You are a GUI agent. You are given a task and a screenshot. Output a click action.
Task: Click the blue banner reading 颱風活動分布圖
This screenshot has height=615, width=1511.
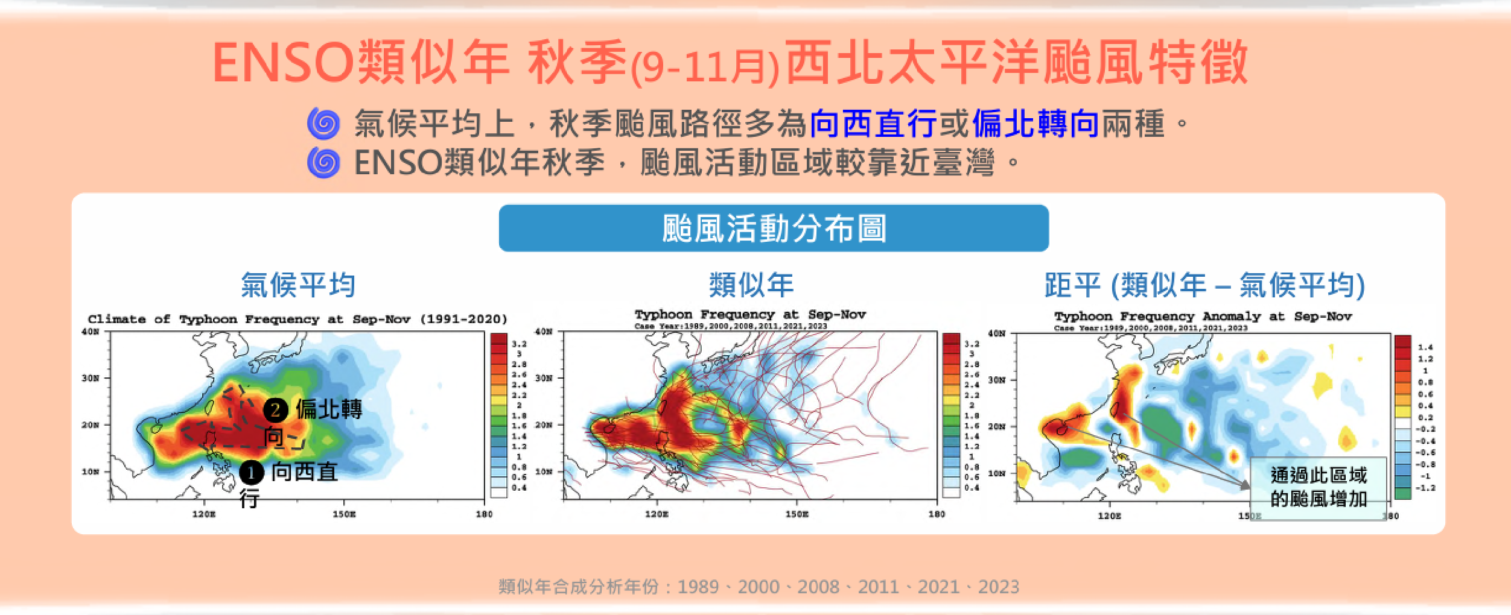(x=774, y=229)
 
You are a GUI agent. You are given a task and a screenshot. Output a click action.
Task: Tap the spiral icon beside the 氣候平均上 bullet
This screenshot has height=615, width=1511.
(x=324, y=124)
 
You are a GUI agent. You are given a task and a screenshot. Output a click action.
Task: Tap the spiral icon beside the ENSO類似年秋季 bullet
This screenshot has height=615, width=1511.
(x=324, y=163)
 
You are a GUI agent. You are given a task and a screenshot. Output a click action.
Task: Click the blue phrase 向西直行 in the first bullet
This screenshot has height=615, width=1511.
(x=873, y=124)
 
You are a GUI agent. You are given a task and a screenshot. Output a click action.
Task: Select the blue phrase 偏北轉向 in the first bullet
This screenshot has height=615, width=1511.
(x=1035, y=124)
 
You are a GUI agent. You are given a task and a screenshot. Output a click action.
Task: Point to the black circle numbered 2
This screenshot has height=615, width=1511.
(x=275, y=410)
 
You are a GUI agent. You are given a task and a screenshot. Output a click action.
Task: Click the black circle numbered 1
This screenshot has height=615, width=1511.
(x=251, y=473)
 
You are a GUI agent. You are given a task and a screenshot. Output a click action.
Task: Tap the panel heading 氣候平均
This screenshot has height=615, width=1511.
(x=298, y=285)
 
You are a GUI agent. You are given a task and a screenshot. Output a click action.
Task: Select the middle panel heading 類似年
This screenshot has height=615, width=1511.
(x=751, y=285)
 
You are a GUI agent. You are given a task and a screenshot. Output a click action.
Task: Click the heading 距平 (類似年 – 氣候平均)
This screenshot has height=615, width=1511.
(x=1204, y=285)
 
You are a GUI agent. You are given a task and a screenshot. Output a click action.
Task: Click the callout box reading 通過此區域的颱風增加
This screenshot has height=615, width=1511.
(x=1319, y=487)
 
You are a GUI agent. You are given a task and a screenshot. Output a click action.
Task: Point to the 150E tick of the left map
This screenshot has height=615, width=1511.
(x=344, y=514)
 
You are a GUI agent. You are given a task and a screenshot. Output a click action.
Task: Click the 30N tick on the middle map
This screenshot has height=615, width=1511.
(x=544, y=378)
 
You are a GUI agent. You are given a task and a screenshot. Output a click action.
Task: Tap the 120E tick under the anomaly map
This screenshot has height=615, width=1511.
(x=1109, y=516)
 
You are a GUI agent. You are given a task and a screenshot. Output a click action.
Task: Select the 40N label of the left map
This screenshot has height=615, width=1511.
(x=91, y=332)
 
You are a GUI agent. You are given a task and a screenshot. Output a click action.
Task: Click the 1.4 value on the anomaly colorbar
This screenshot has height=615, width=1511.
(x=1425, y=347)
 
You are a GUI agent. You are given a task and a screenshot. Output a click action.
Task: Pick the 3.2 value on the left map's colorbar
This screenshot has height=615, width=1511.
(x=519, y=344)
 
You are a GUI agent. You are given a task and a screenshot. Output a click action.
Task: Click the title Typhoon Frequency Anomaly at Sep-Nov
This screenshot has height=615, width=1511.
(x=1203, y=317)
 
